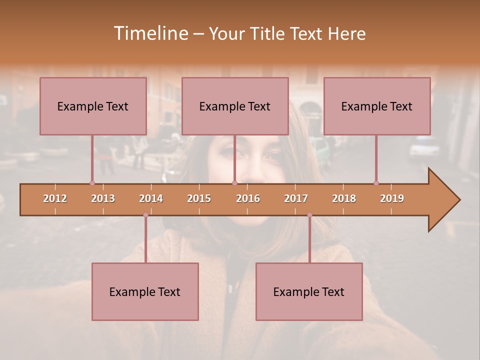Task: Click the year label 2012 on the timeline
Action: [x=55, y=198]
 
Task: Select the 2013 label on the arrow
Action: [x=103, y=198]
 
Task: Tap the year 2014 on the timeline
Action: [x=151, y=198]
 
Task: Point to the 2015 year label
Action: [x=199, y=198]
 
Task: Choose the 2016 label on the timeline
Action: [x=248, y=198]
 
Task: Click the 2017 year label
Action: [x=296, y=198]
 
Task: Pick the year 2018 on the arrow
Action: [x=344, y=198]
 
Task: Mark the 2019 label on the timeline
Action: [x=392, y=198]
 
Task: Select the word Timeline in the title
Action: [x=150, y=33]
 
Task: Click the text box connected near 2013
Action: [x=93, y=106]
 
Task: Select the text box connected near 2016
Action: [x=235, y=106]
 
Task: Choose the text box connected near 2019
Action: [x=377, y=106]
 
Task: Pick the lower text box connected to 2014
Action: [x=145, y=291]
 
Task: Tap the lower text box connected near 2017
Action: [x=309, y=291]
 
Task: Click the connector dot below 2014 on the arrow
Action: [x=145, y=215]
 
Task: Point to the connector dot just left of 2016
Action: [x=234, y=183]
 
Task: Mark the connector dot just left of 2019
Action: [x=376, y=183]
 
